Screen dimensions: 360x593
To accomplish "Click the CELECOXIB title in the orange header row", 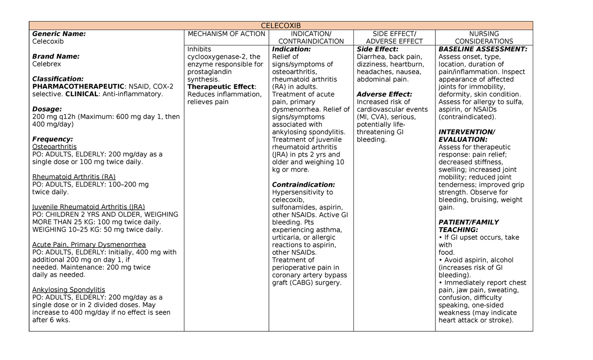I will click(280, 26).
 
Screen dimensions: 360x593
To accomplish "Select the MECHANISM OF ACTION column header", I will click(226, 34).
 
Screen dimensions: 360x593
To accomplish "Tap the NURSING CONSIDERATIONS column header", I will click(484, 38).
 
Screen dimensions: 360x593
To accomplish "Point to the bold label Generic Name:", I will click(59, 34).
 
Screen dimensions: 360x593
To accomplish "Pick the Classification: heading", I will click(58, 79).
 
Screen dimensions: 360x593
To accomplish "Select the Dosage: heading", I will click(47, 109).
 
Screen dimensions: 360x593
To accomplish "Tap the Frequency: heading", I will click(52, 139).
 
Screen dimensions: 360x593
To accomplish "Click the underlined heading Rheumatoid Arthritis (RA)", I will click(74, 177).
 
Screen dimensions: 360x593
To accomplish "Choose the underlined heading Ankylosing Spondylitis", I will click(69, 290).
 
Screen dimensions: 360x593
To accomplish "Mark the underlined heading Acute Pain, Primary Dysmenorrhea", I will click(89, 244).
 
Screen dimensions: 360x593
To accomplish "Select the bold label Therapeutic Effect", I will click(220, 87).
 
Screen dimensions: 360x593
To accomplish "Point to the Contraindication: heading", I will click(303, 185).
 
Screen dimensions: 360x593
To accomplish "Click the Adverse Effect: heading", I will click(384, 94).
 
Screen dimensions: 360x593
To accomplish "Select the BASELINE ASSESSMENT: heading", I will click(483, 49).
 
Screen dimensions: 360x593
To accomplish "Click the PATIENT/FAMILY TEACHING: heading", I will click(468, 226).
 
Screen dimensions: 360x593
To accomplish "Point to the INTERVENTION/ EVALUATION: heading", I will click(466, 136).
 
